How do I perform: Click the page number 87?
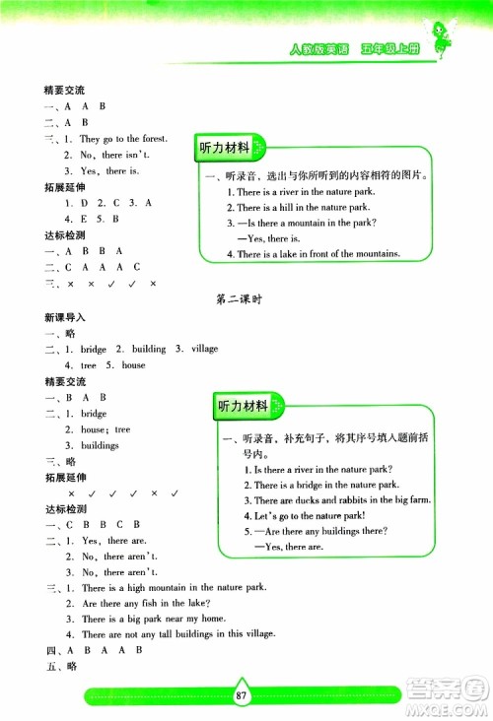(241, 695)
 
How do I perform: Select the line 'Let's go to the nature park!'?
(310, 515)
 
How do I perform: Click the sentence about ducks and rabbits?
(342, 500)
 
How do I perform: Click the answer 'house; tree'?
(106, 429)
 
